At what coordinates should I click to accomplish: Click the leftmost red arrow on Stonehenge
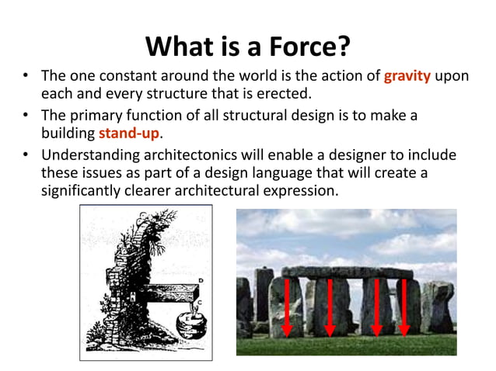click(x=286, y=306)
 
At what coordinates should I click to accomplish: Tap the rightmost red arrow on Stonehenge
click(x=403, y=306)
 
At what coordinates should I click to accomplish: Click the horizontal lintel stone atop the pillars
click(x=347, y=272)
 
